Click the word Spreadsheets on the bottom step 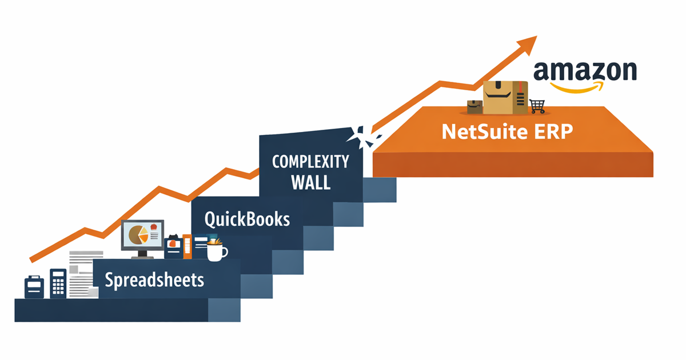pyautogui.click(x=154, y=281)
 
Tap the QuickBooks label pyautogui.click(x=247, y=219)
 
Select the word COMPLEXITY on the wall pyautogui.click(x=310, y=162)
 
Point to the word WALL pyautogui.click(x=310, y=183)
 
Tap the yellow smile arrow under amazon pyautogui.click(x=577, y=87)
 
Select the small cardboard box pyautogui.click(x=474, y=107)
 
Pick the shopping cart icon pyautogui.click(x=537, y=106)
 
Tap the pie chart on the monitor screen pyautogui.click(x=137, y=234)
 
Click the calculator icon pyautogui.click(x=58, y=282)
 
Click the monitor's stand pyautogui.click(x=142, y=254)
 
